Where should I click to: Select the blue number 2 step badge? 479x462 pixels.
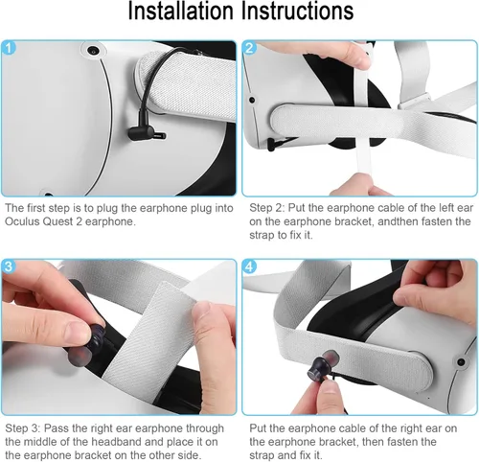tap(251, 48)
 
